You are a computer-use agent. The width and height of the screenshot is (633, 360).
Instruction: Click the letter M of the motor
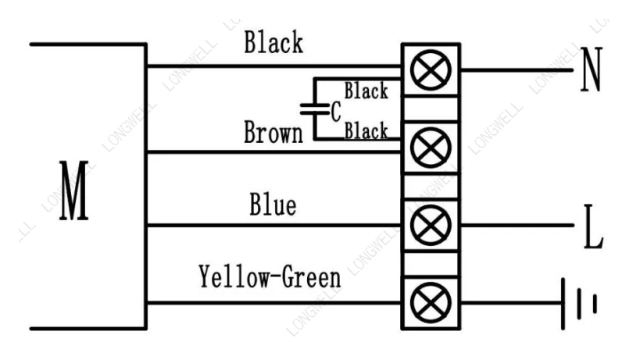pos(74,191)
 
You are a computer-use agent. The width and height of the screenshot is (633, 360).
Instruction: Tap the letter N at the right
pos(592,70)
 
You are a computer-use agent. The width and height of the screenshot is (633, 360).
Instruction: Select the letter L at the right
pos(593,226)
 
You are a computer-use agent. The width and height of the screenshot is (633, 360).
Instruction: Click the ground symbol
pos(579,304)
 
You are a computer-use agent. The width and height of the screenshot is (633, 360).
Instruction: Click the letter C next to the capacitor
pos(336,112)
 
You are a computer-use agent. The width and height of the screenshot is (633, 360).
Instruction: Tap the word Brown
pos(274,132)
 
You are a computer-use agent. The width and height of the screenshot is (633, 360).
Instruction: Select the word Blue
pos(273,205)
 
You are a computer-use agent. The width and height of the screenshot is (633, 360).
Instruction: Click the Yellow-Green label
pos(270,277)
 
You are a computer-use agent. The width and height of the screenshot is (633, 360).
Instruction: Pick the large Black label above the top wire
pos(274,42)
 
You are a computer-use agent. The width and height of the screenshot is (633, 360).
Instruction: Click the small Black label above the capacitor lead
pos(367,91)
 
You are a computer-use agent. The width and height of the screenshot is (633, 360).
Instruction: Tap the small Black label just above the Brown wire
pos(367,130)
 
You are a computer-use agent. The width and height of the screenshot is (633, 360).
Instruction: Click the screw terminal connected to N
pos(431,70)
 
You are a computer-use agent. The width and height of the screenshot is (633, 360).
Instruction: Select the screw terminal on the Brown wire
pos(431,148)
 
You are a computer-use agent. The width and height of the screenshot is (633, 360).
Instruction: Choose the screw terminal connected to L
pos(431,225)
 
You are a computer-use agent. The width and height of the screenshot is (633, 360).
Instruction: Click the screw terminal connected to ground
pos(431,303)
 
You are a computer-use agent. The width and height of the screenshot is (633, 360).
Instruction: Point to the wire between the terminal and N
pos(517,70)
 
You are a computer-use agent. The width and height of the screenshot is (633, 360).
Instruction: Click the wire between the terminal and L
pos(517,225)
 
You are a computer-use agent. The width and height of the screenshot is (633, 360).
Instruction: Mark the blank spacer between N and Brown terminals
pos(431,109)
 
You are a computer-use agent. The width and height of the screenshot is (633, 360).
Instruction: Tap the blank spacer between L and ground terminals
pos(431,264)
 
